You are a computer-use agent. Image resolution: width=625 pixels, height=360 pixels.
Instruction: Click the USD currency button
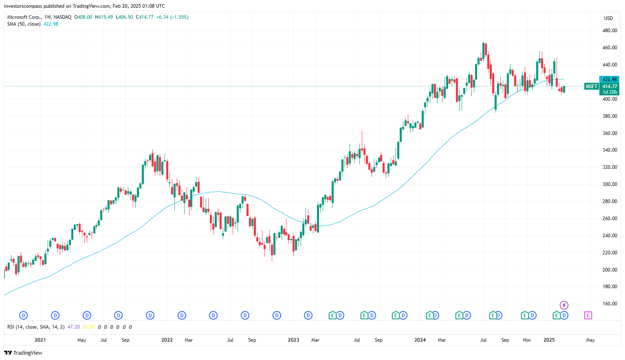tap(608, 18)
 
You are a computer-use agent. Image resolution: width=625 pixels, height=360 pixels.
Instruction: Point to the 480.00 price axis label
tap(610, 31)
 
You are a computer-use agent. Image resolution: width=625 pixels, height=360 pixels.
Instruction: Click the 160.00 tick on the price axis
tap(610, 304)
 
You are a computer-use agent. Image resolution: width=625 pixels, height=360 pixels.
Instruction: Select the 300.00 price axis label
tap(610, 184)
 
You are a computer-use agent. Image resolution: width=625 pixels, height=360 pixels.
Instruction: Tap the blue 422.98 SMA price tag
tap(609, 80)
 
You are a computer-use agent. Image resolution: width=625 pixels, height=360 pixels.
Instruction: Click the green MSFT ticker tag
tap(591, 86)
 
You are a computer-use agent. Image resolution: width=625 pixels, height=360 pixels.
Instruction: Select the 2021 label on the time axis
tap(40, 340)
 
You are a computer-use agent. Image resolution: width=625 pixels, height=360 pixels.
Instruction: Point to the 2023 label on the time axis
tap(293, 340)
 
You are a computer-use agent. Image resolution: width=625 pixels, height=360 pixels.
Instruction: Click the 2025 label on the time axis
tap(549, 340)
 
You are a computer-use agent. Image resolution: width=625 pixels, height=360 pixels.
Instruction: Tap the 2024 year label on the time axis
tap(420, 340)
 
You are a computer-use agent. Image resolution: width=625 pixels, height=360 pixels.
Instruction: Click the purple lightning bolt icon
tap(564, 305)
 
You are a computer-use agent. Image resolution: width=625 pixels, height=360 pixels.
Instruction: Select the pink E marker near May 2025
tap(588, 315)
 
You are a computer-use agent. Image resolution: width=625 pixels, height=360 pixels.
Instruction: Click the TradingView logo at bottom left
tap(23, 353)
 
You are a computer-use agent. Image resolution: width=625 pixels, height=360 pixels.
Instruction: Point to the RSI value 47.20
tap(74, 327)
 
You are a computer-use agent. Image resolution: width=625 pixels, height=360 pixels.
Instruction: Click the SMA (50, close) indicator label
tap(24, 24)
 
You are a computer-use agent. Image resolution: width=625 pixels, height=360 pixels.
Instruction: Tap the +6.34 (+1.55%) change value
tap(172, 17)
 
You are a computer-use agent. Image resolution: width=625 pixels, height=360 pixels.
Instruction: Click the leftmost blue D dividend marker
tap(24, 315)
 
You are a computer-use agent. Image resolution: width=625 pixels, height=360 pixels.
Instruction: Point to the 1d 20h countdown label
tap(610, 92)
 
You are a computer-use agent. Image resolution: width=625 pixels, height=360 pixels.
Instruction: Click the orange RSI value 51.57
tap(88, 327)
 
